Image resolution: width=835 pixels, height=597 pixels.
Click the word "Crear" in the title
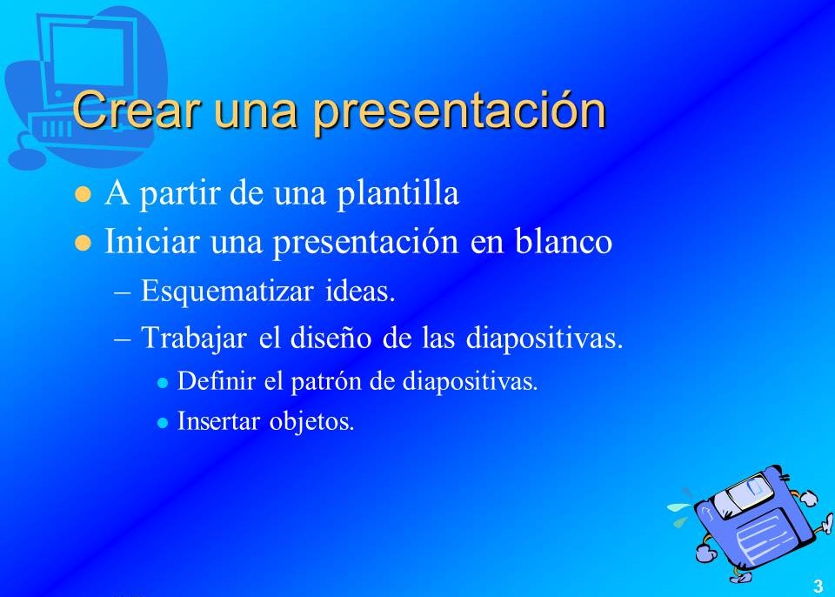pyautogui.click(x=137, y=110)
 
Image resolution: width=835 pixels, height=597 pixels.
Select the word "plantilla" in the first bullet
pyautogui.click(x=397, y=193)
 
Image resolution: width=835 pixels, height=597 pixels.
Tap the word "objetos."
pyautogui.click(x=312, y=421)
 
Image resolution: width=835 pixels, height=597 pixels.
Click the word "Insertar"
pyautogui.click(x=219, y=421)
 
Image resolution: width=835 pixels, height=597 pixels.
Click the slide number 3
pyautogui.click(x=818, y=586)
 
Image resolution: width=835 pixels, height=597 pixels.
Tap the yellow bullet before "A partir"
pyautogui.click(x=83, y=194)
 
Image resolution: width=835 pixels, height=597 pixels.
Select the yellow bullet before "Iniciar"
pyautogui.click(x=83, y=243)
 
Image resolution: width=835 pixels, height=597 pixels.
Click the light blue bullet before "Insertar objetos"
pyautogui.click(x=163, y=423)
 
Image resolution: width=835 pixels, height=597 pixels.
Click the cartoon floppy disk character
pyautogui.click(x=751, y=522)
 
